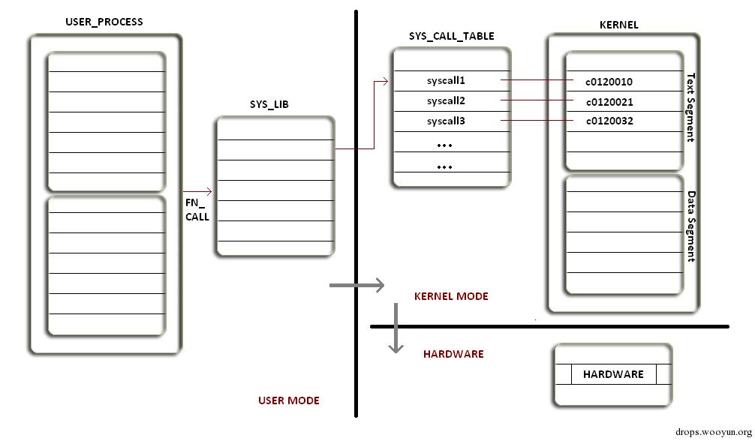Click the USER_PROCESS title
(104, 22)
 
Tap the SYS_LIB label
(269, 105)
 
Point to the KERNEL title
(618, 25)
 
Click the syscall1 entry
(447, 80)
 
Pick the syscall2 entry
(447, 100)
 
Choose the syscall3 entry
(447, 121)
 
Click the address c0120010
(609, 82)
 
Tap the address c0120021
(609, 101)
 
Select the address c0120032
(609, 121)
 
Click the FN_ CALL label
(197, 209)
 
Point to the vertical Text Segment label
(691, 107)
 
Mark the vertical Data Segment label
(691, 226)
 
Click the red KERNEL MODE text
(451, 296)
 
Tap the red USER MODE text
(289, 400)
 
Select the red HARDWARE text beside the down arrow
(453, 354)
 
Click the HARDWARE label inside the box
(613, 373)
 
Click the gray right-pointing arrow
(357, 285)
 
